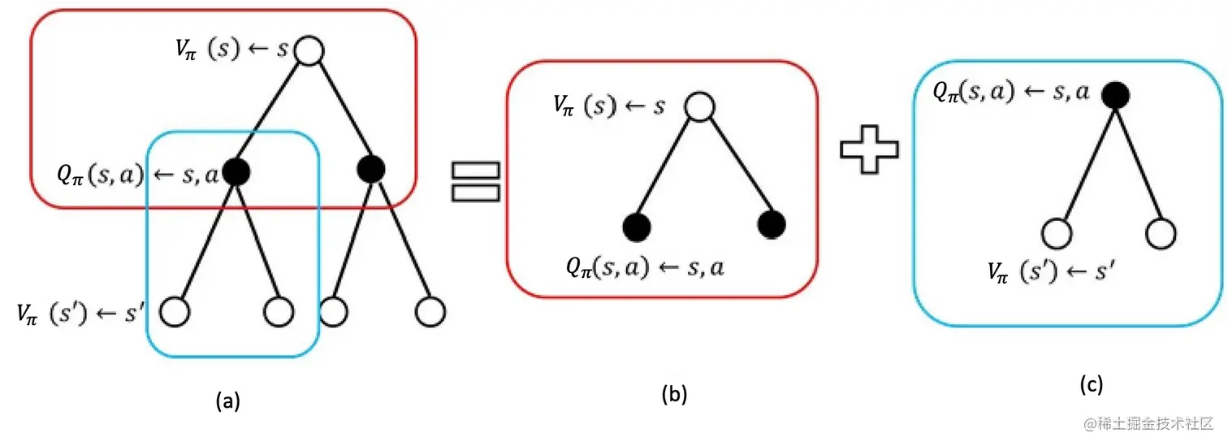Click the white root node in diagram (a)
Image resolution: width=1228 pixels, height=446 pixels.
click(x=309, y=51)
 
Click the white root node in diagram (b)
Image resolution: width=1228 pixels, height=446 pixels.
click(x=698, y=106)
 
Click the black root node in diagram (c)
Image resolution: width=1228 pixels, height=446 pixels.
click(x=1115, y=96)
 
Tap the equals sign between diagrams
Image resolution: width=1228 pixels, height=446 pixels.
click(x=475, y=180)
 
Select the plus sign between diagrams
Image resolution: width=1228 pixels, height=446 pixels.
click(x=869, y=154)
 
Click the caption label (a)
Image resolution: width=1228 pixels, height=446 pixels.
click(x=227, y=400)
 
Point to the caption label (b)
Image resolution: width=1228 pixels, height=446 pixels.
click(x=674, y=395)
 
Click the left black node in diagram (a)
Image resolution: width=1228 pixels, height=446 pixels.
click(x=236, y=171)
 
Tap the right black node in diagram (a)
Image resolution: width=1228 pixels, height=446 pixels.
click(x=371, y=169)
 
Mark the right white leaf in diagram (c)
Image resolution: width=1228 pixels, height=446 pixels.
click(x=1160, y=232)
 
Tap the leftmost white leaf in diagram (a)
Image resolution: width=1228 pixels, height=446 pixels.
click(x=175, y=310)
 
